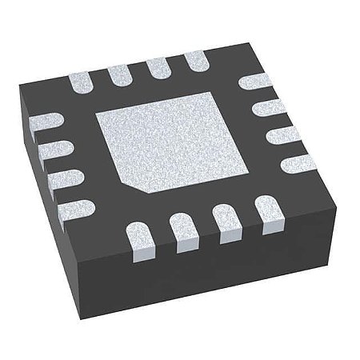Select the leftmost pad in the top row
click(82, 83)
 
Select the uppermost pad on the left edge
click(44, 122)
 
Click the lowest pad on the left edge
click(74, 205)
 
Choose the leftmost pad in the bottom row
click(141, 238)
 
